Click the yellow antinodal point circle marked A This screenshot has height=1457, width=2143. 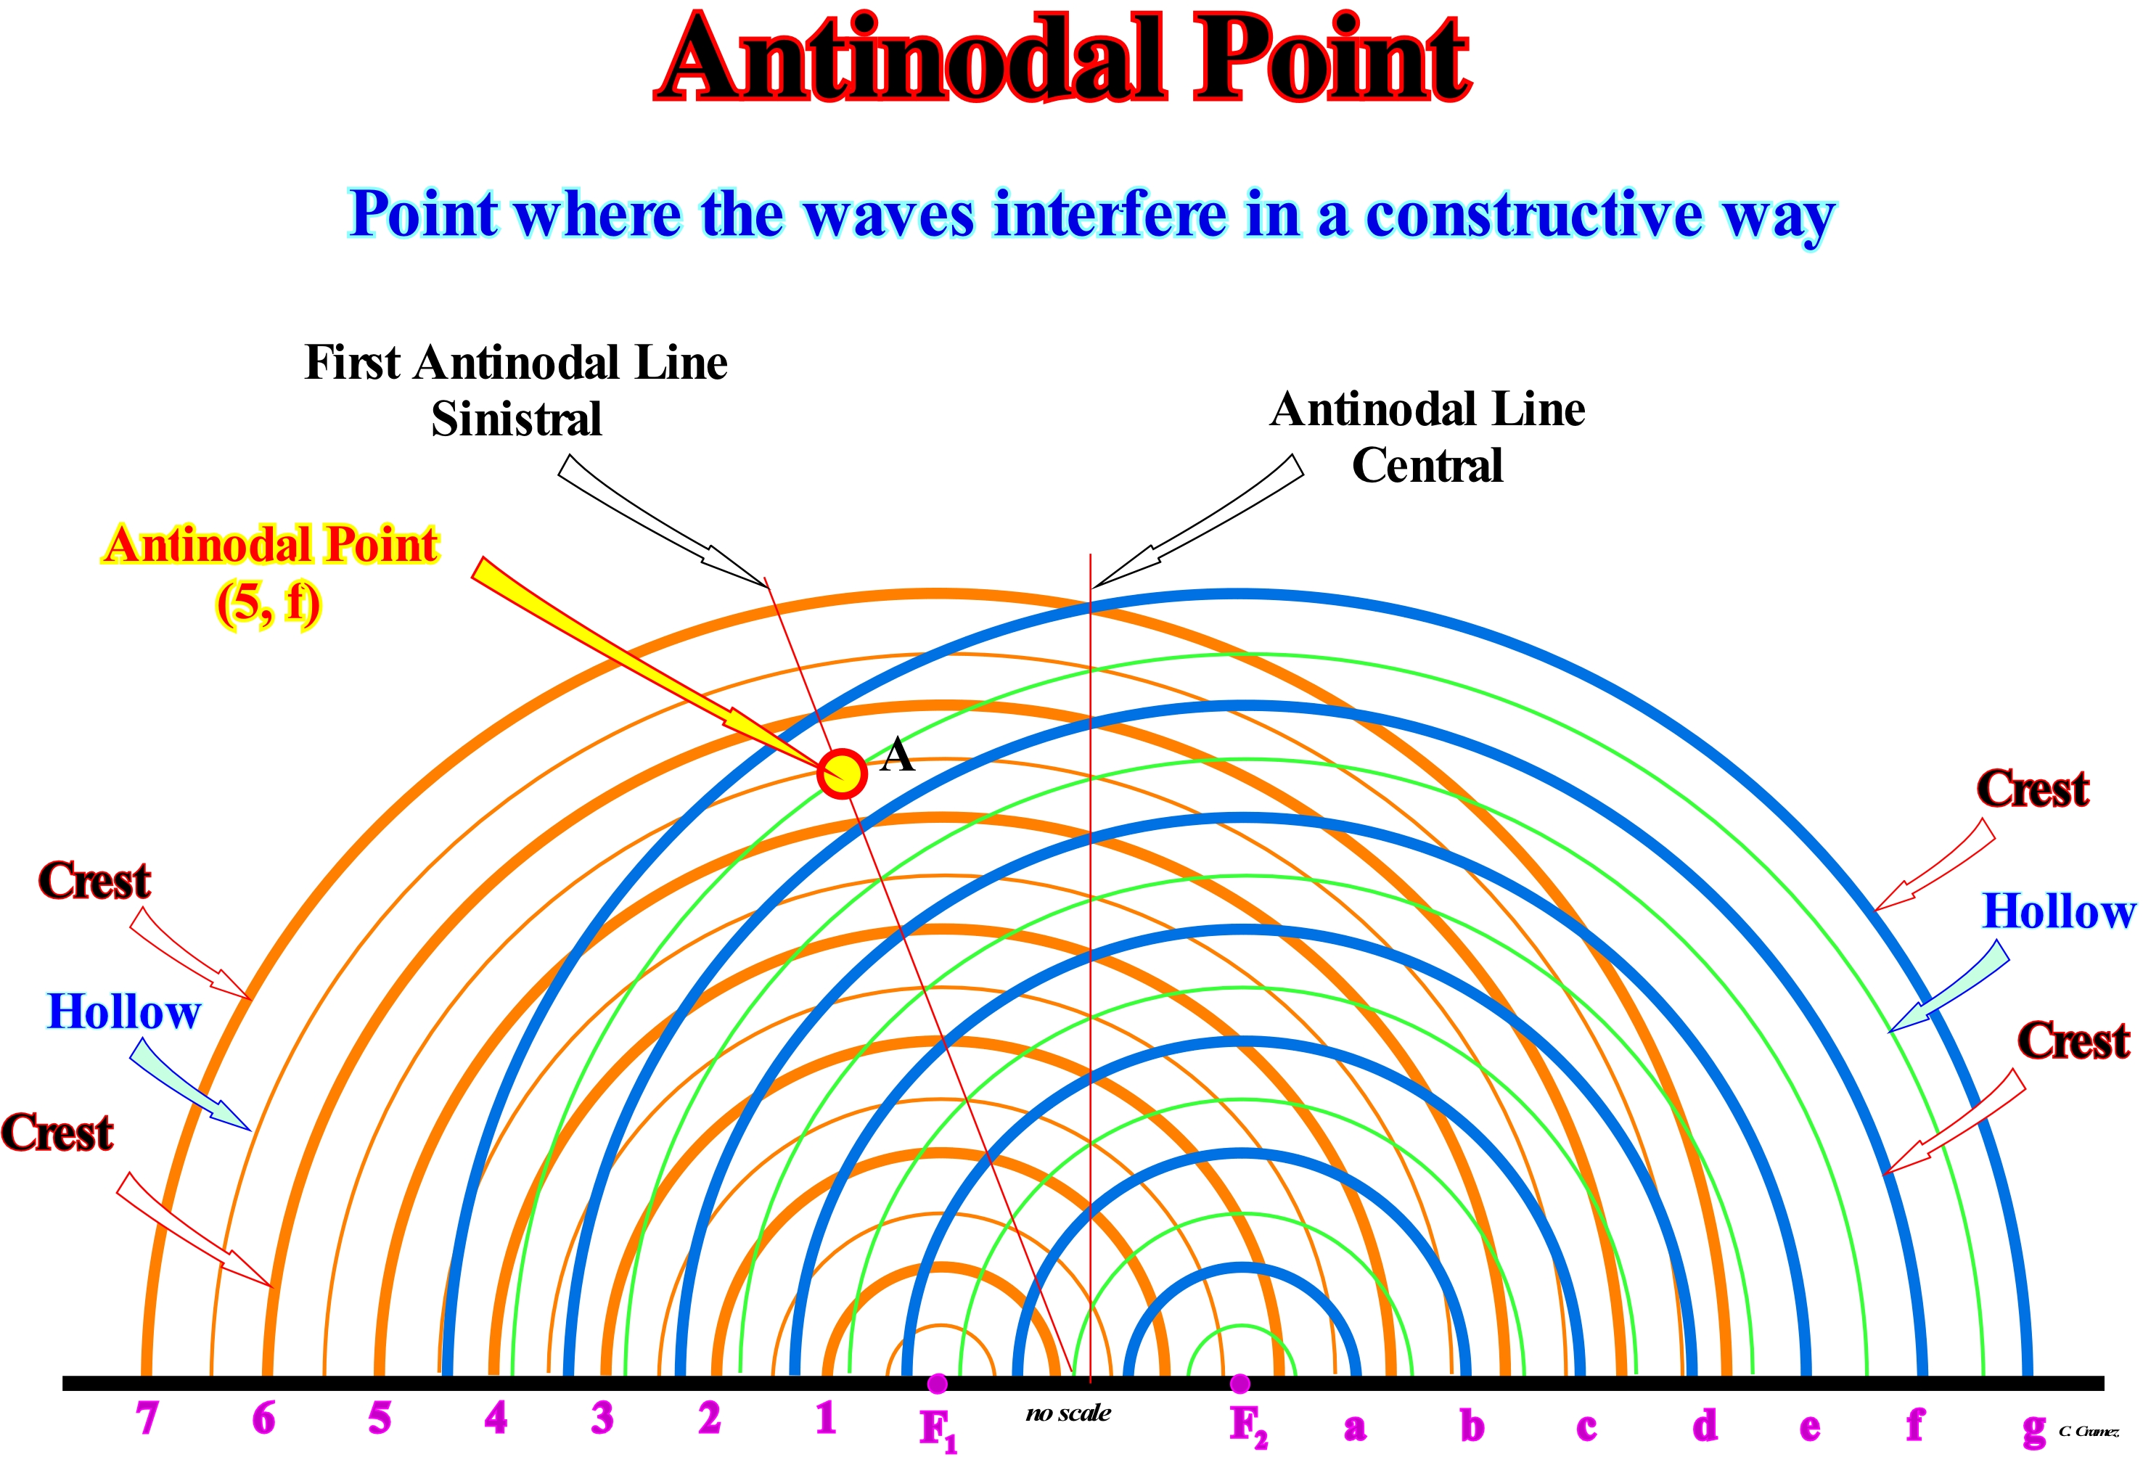pos(842,773)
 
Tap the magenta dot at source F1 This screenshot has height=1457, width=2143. pos(937,1383)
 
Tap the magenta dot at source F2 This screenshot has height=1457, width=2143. pos(1240,1383)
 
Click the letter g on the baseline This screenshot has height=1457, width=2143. pos(2034,1429)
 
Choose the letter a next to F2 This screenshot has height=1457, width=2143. pos(1355,1427)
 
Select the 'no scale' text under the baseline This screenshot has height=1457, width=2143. pos(1068,1413)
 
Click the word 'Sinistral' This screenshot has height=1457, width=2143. pos(517,419)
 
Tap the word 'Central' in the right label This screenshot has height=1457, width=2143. pos(1427,465)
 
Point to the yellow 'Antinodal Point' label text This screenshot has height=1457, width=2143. pos(270,544)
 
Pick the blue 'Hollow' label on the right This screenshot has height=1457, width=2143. pos(2059,911)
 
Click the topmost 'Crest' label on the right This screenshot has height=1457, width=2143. pos(2033,789)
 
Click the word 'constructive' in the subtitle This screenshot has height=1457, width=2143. pos(1533,214)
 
